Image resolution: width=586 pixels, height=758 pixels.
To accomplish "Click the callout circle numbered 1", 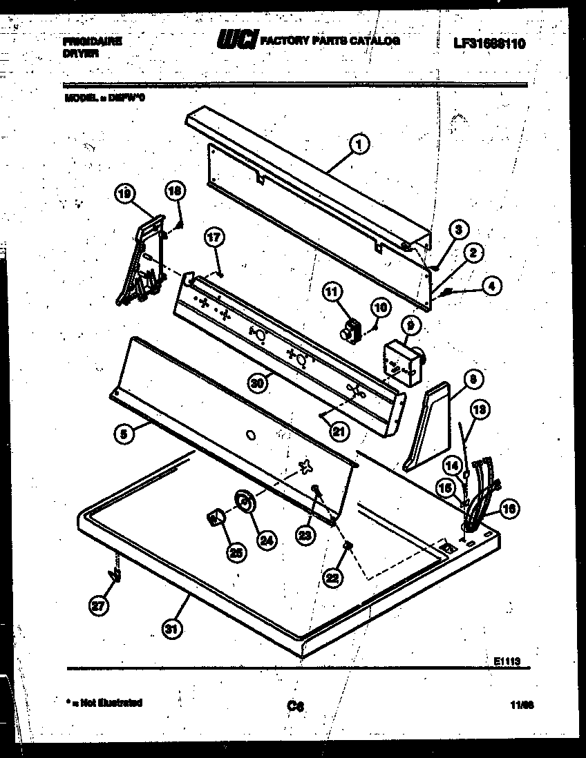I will (358, 144).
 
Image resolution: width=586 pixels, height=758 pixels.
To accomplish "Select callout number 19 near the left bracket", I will (124, 195).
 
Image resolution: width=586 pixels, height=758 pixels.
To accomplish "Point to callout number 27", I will (100, 605).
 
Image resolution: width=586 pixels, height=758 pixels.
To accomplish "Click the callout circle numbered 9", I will (409, 324).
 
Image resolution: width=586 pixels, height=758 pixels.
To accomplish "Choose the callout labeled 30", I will (258, 384).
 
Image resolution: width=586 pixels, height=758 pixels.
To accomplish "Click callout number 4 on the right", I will (492, 284).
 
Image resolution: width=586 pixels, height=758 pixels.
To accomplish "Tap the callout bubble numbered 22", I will (333, 576).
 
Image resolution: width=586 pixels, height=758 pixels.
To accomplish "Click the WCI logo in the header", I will (237, 41).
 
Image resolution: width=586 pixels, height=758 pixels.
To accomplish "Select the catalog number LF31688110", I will (490, 43).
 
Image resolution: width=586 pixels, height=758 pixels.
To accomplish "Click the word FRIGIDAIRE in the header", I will (92, 41).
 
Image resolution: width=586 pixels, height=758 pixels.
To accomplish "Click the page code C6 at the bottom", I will (296, 706).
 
